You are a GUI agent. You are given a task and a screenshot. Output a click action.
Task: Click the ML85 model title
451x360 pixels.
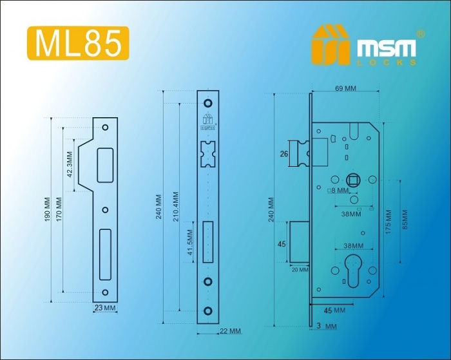(78, 43)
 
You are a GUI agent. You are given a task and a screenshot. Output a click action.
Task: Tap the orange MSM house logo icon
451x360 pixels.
(331, 44)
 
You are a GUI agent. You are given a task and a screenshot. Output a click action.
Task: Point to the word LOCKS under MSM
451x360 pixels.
(387, 62)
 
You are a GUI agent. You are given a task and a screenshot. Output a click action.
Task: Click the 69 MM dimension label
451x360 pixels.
(346, 88)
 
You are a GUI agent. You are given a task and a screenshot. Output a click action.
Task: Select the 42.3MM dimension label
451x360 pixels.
(70, 164)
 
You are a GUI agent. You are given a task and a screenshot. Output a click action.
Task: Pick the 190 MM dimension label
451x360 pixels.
(48, 209)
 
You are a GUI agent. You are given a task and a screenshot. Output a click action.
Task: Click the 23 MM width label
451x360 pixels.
(105, 308)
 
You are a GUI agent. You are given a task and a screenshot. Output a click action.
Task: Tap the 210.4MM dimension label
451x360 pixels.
(176, 207)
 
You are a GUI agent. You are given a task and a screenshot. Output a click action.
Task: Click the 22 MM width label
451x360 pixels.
(230, 331)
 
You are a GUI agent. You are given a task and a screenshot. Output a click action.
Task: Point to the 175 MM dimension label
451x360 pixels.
(389, 222)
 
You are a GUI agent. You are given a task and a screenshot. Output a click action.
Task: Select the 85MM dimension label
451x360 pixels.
(405, 220)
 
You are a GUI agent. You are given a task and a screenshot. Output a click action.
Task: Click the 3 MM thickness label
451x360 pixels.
(327, 326)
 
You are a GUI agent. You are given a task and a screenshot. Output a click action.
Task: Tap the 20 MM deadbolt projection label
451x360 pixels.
(300, 270)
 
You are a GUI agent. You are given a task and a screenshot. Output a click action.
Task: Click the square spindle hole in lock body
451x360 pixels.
(353, 180)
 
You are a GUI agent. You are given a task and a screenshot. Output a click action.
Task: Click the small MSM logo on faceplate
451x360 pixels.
(207, 122)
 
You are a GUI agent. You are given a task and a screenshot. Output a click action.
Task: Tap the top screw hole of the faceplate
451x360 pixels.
(207, 103)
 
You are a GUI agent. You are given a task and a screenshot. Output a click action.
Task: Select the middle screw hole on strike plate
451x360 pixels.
(105, 210)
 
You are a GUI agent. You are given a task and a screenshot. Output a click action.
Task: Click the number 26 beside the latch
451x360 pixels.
(284, 154)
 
